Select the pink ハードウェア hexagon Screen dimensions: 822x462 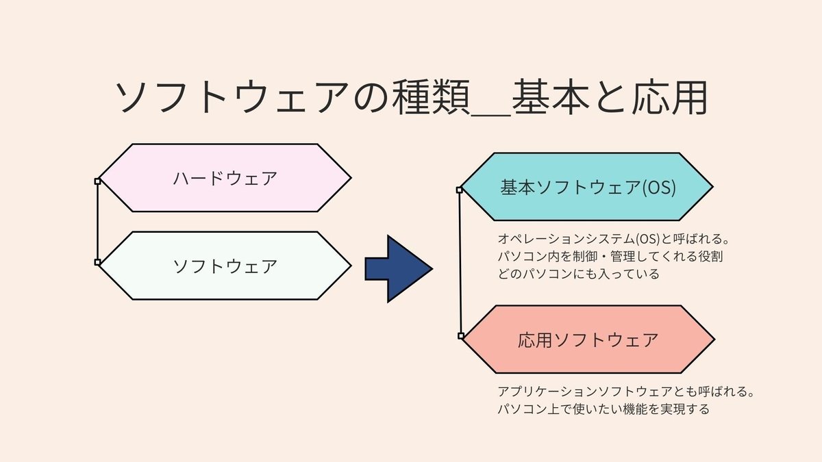point(225,178)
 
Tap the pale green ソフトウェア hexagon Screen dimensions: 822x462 point(225,266)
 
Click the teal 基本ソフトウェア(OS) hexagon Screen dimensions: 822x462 point(587,187)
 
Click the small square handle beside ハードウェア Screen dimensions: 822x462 point(97,181)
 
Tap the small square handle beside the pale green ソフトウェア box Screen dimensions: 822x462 point(97,262)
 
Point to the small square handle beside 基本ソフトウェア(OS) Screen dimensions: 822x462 point(459,190)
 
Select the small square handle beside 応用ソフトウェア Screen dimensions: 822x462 point(461,336)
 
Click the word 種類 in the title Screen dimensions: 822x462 point(431,97)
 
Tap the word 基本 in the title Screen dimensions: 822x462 point(551,97)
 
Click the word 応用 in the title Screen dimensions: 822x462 point(670,97)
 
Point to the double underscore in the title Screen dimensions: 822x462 point(491,115)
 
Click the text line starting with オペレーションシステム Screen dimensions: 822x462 point(613,239)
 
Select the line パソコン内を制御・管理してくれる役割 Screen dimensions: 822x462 point(610,256)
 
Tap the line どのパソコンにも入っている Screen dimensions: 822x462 point(578,274)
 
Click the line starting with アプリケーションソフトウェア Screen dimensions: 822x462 point(625,392)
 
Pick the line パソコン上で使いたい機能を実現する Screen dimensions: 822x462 point(603,409)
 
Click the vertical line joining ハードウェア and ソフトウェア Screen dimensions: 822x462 point(97,222)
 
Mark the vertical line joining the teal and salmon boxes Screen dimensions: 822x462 point(460,263)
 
